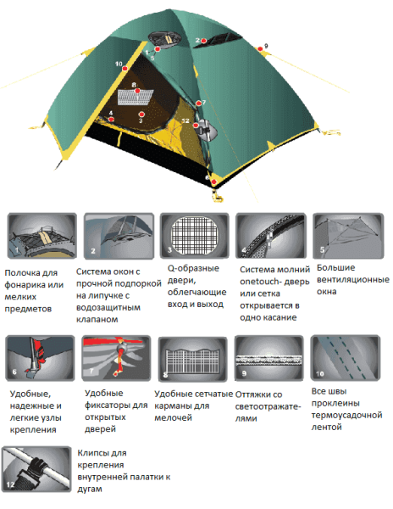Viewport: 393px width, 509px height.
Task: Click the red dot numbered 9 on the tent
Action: coord(260,49)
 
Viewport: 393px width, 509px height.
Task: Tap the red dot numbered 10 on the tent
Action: coord(125,69)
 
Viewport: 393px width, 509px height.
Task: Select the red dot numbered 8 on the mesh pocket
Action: coord(137,91)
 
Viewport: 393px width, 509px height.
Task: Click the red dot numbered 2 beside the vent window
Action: coord(203,41)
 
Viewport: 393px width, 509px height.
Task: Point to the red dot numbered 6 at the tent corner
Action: coord(213,182)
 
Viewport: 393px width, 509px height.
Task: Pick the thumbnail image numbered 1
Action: coord(42,236)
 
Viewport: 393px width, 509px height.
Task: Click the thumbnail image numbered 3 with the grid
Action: coord(195,236)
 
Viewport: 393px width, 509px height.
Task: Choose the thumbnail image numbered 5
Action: coord(348,236)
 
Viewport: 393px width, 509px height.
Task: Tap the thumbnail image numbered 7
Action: coord(116,358)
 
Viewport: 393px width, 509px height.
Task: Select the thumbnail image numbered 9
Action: coord(268,358)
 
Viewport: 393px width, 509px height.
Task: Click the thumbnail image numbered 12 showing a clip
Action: coord(36,469)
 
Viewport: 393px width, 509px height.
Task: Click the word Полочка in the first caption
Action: coord(31,272)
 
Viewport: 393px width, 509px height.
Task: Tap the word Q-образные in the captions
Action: coord(193,269)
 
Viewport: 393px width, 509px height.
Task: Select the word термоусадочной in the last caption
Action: coord(346,415)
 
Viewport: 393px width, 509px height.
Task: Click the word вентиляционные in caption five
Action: coord(353,280)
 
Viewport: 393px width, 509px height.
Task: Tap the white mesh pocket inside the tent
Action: coord(135,98)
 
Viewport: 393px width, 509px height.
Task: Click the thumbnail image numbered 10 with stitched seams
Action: coord(346,358)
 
